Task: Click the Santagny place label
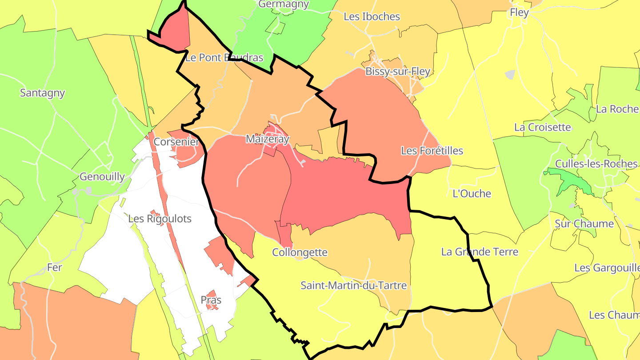[x=43, y=93]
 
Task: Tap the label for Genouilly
[x=102, y=176]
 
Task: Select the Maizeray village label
[x=268, y=139]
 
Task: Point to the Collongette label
[x=300, y=252]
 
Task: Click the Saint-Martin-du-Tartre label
[x=353, y=285]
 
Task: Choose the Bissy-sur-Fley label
[x=398, y=72]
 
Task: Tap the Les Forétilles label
[x=432, y=151]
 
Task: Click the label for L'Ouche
[x=472, y=193]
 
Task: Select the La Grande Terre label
[x=480, y=252]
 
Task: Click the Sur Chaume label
[x=584, y=224]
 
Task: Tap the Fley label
[x=519, y=12]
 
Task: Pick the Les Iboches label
[x=372, y=16]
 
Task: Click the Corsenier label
[x=176, y=142]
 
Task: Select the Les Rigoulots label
[x=160, y=219]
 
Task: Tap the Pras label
[x=211, y=300]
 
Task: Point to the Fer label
[x=55, y=268]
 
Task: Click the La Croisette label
[x=542, y=127]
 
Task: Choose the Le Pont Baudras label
[x=224, y=57]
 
